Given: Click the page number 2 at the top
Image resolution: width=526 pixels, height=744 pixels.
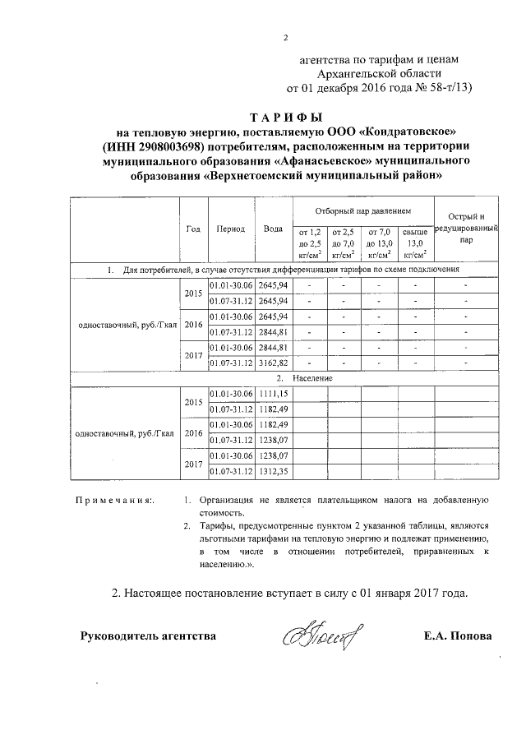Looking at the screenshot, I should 286,36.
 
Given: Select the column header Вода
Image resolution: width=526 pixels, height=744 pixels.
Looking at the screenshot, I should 273,229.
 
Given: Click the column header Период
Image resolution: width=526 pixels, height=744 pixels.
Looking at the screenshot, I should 231,229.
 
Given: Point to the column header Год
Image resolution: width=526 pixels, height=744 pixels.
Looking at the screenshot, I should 193,229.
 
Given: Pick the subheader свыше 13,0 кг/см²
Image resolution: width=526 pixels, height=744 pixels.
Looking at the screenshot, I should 416,243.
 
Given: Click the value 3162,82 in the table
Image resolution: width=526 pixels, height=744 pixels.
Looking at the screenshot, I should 273,362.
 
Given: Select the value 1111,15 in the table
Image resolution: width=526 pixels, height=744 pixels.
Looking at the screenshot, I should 273,395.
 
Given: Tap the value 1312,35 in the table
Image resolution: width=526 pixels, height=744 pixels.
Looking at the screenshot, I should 273,471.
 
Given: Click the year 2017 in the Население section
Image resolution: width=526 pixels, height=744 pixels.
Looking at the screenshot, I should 193,464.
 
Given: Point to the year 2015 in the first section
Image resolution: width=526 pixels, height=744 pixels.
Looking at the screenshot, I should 193,293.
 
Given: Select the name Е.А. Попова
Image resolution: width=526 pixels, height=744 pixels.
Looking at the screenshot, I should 459,635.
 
